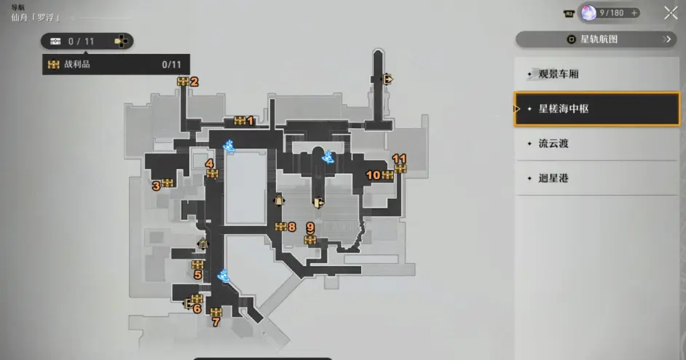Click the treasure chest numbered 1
(x=240, y=120)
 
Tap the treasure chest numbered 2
(x=183, y=82)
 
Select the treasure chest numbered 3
(x=167, y=183)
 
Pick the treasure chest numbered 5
(x=198, y=265)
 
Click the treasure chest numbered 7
(x=216, y=312)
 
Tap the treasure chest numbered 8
(x=281, y=227)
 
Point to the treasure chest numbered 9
(x=310, y=240)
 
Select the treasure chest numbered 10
(x=387, y=175)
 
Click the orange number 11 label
(x=399, y=159)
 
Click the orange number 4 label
(x=210, y=164)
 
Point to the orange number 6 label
(x=197, y=309)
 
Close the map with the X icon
(x=671, y=13)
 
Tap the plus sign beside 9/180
(x=634, y=13)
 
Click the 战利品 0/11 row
(x=116, y=64)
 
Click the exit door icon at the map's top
(x=387, y=79)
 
